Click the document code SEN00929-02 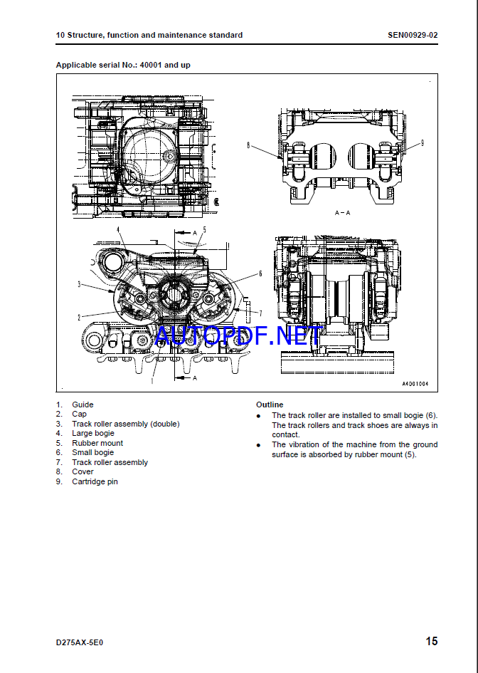413,35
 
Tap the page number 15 432,641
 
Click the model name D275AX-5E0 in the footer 79,642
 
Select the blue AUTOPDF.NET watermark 238,336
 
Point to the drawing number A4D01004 415,384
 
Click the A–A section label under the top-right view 342,213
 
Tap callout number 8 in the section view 248,145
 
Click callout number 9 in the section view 423,143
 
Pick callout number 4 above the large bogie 118,230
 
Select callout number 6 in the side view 260,273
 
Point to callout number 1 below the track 152,380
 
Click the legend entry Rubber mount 97,443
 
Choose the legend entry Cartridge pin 95,481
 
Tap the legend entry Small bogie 93,452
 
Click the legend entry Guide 83,405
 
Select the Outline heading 270,405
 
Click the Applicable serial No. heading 123,66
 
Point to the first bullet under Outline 258,416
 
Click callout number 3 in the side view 79,284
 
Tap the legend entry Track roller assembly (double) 126,424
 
